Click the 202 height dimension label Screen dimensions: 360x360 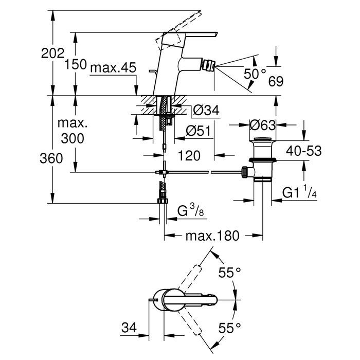53,53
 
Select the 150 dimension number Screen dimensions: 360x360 76,65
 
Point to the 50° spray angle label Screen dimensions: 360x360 256,74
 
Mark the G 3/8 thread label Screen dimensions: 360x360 189,210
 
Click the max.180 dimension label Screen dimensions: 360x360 212,236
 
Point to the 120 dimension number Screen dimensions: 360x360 189,154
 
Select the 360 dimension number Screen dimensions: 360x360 53,158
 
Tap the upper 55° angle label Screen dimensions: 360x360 229,273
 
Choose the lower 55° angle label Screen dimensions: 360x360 229,327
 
